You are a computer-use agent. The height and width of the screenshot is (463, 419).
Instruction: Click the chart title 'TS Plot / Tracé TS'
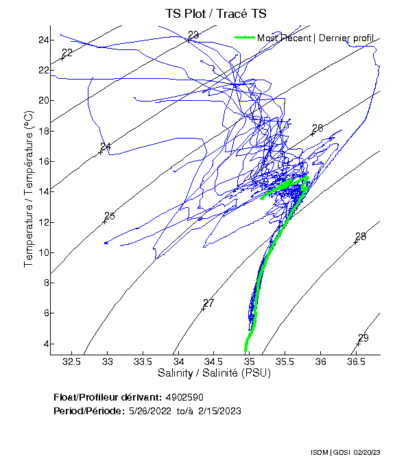coord(215,14)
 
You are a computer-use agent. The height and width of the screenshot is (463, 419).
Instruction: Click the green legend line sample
coord(245,38)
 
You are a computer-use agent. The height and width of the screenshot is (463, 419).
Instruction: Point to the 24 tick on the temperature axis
coord(43,40)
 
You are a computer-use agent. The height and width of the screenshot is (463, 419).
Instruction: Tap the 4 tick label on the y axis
coord(43,344)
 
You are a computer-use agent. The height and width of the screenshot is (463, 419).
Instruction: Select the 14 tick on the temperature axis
coord(43,191)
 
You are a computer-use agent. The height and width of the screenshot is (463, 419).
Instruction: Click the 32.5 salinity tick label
coord(73,361)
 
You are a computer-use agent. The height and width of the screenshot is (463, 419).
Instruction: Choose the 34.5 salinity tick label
coord(214,361)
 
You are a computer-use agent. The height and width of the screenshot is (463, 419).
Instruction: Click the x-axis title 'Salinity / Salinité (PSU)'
coord(214,373)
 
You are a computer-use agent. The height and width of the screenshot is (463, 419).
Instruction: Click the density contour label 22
coord(67,53)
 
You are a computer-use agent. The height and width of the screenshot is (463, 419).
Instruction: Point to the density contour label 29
coord(363,338)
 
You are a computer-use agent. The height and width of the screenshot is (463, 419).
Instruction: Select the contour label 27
coord(209,303)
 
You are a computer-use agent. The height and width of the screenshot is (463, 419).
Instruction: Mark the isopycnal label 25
coord(109,216)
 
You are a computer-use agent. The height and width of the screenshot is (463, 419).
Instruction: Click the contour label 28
coord(361,237)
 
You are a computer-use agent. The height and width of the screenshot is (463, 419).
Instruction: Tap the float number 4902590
coord(184,397)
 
